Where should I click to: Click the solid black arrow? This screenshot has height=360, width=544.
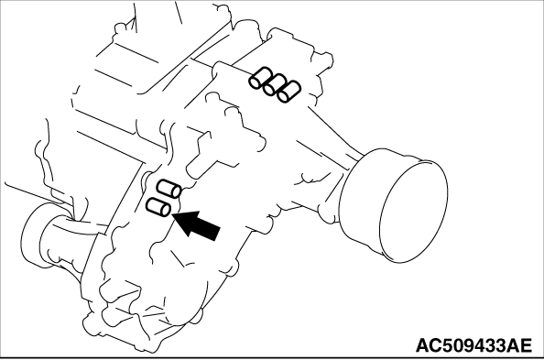(197, 225)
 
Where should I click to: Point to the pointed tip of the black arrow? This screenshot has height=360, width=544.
(172, 215)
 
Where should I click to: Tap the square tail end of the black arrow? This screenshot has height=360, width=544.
(216, 234)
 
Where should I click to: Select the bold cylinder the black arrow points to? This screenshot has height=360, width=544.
(158, 207)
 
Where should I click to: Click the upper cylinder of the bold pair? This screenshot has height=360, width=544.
(169, 189)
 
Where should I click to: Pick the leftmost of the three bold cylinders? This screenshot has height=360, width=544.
(259, 78)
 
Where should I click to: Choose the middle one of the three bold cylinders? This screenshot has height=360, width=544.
(274, 84)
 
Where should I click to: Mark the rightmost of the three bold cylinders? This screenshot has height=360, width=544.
(288, 92)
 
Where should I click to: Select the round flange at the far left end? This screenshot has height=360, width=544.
(33, 236)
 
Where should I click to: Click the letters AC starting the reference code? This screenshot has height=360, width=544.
(429, 345)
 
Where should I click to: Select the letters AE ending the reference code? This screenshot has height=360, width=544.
(519, 345)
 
